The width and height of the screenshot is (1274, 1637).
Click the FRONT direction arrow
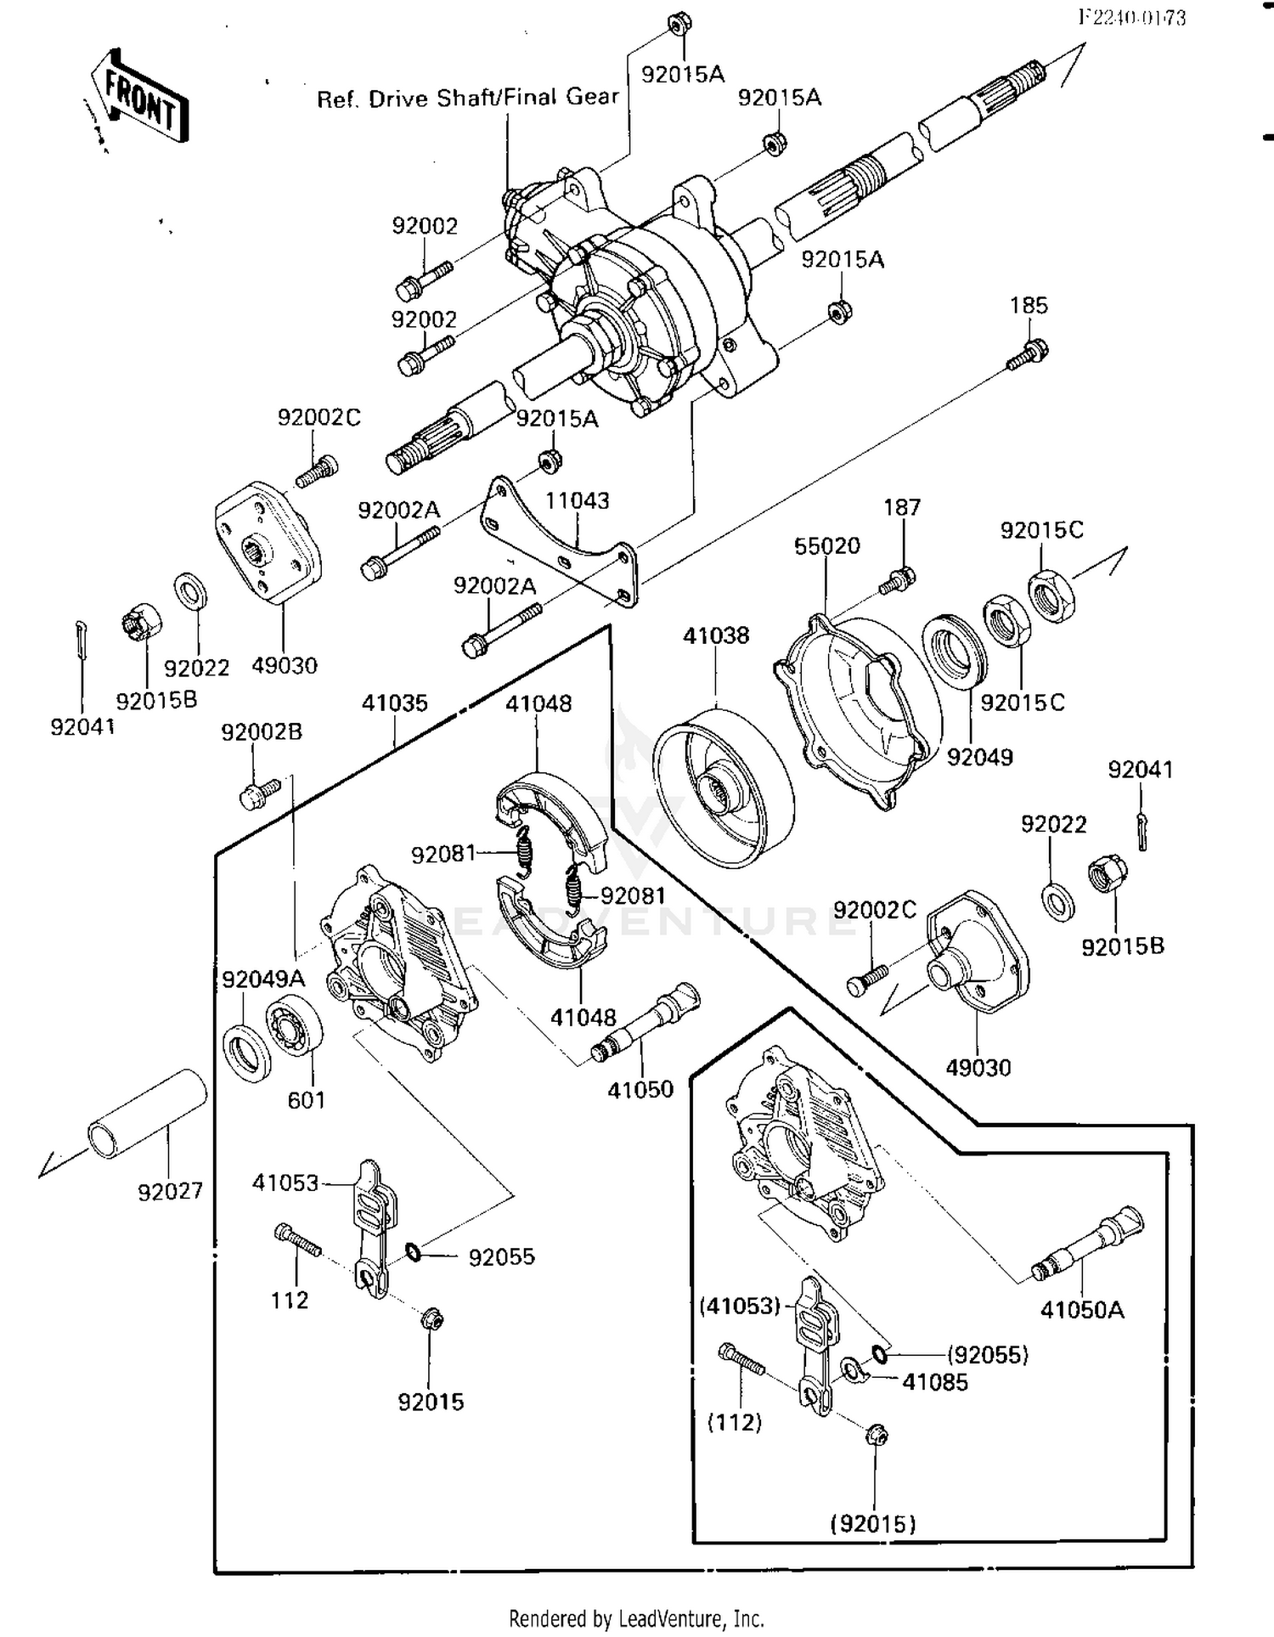tap(140, 99)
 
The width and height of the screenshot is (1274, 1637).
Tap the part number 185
tap(1029, 305)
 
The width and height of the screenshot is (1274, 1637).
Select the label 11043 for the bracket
tap(577, 500)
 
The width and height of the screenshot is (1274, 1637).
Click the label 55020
tap(826, 545)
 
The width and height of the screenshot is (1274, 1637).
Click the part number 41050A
tap(1082, 1310)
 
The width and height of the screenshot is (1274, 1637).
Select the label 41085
tap(934, 1382)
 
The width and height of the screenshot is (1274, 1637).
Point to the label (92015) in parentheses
tap(873, 1524)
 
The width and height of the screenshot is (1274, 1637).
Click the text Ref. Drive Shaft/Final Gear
tap(467, 98)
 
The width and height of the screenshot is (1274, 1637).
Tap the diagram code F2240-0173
tap(1131, 18)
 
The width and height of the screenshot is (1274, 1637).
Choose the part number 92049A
tap(262, 979)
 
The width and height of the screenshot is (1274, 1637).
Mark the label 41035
tap(394, 703)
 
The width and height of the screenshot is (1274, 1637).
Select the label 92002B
tap(262, 731)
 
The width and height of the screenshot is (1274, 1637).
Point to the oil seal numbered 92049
tap(955, 650)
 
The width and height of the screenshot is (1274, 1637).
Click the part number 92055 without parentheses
tap(501, 1256)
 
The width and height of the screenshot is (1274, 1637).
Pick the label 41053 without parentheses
tap(285, 1183)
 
